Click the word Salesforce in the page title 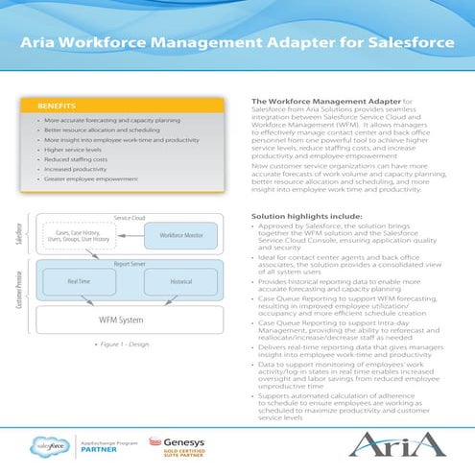(403, 46)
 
